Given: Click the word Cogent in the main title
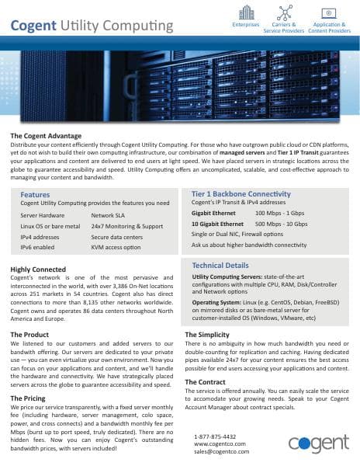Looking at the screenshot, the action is [x=34, y=26].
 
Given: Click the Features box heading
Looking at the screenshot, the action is [x=35, y=194].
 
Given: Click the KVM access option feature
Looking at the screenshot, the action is [x=116, y=247].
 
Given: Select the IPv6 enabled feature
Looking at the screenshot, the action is [x=37, y=247].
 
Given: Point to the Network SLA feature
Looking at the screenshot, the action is [x=109, y=214].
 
